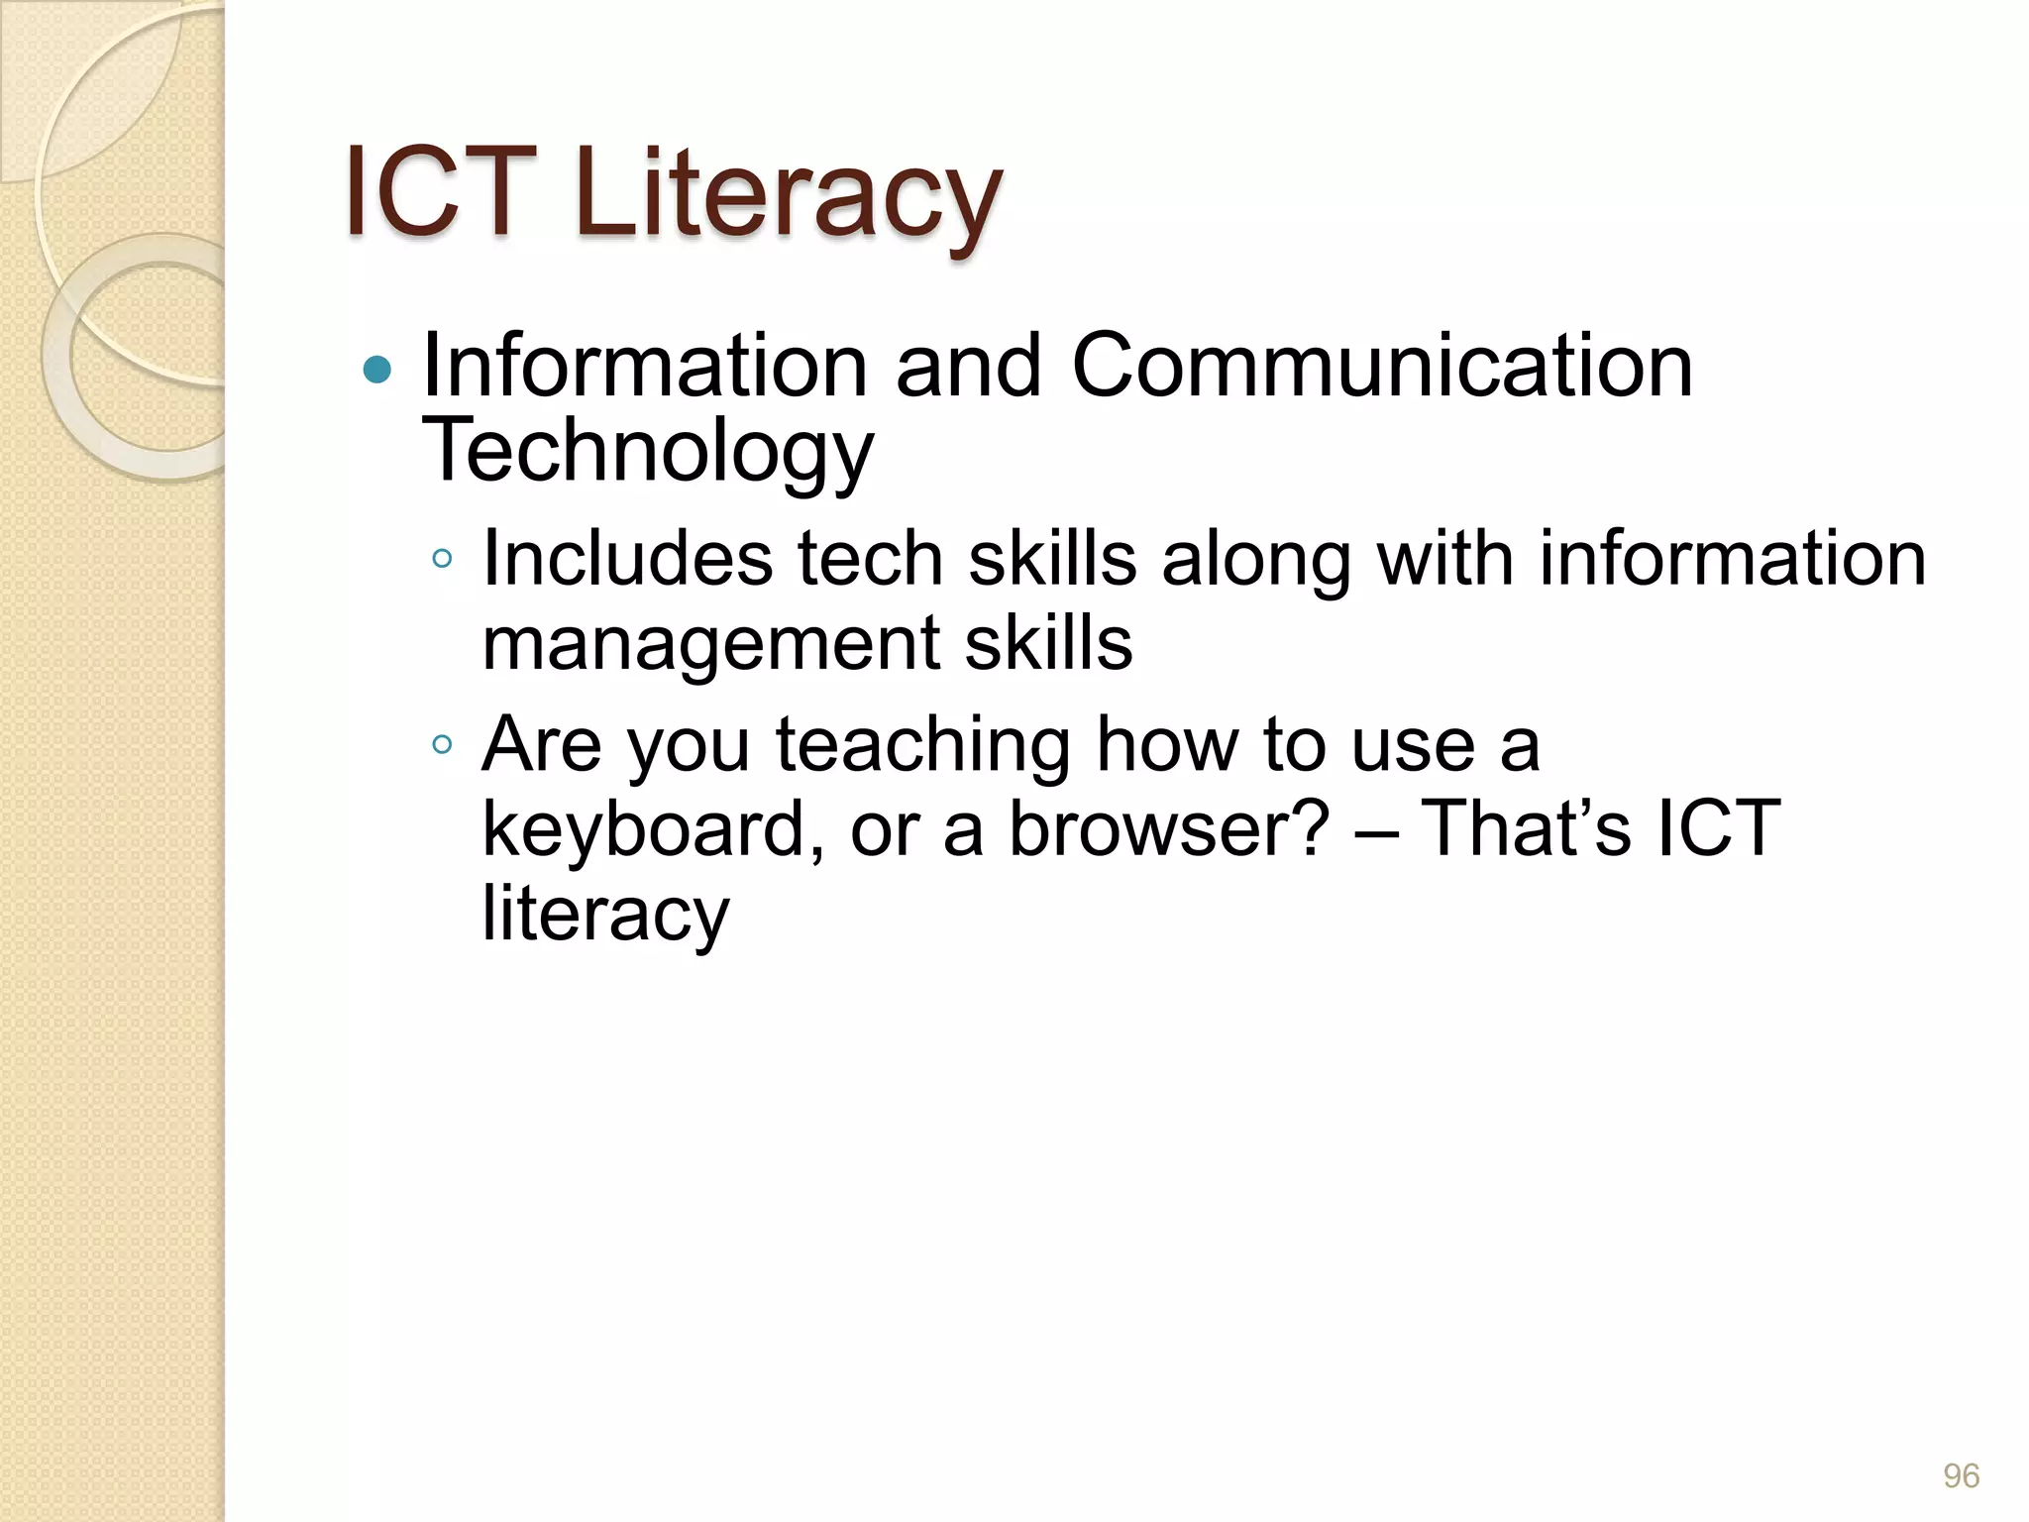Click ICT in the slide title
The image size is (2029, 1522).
(441, 193)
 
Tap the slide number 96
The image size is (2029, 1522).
(1961, 1475)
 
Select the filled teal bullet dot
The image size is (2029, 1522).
(377, 371)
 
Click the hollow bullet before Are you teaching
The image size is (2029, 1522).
(442, 744)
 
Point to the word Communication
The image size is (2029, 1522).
(1382, 367)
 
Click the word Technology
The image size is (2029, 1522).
(648, 451)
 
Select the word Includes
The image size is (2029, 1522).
(627, 558)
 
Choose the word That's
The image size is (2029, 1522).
(1526, 828)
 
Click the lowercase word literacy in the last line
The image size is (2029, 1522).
(605, 914)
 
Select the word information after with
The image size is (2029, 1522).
(1733, 558)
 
